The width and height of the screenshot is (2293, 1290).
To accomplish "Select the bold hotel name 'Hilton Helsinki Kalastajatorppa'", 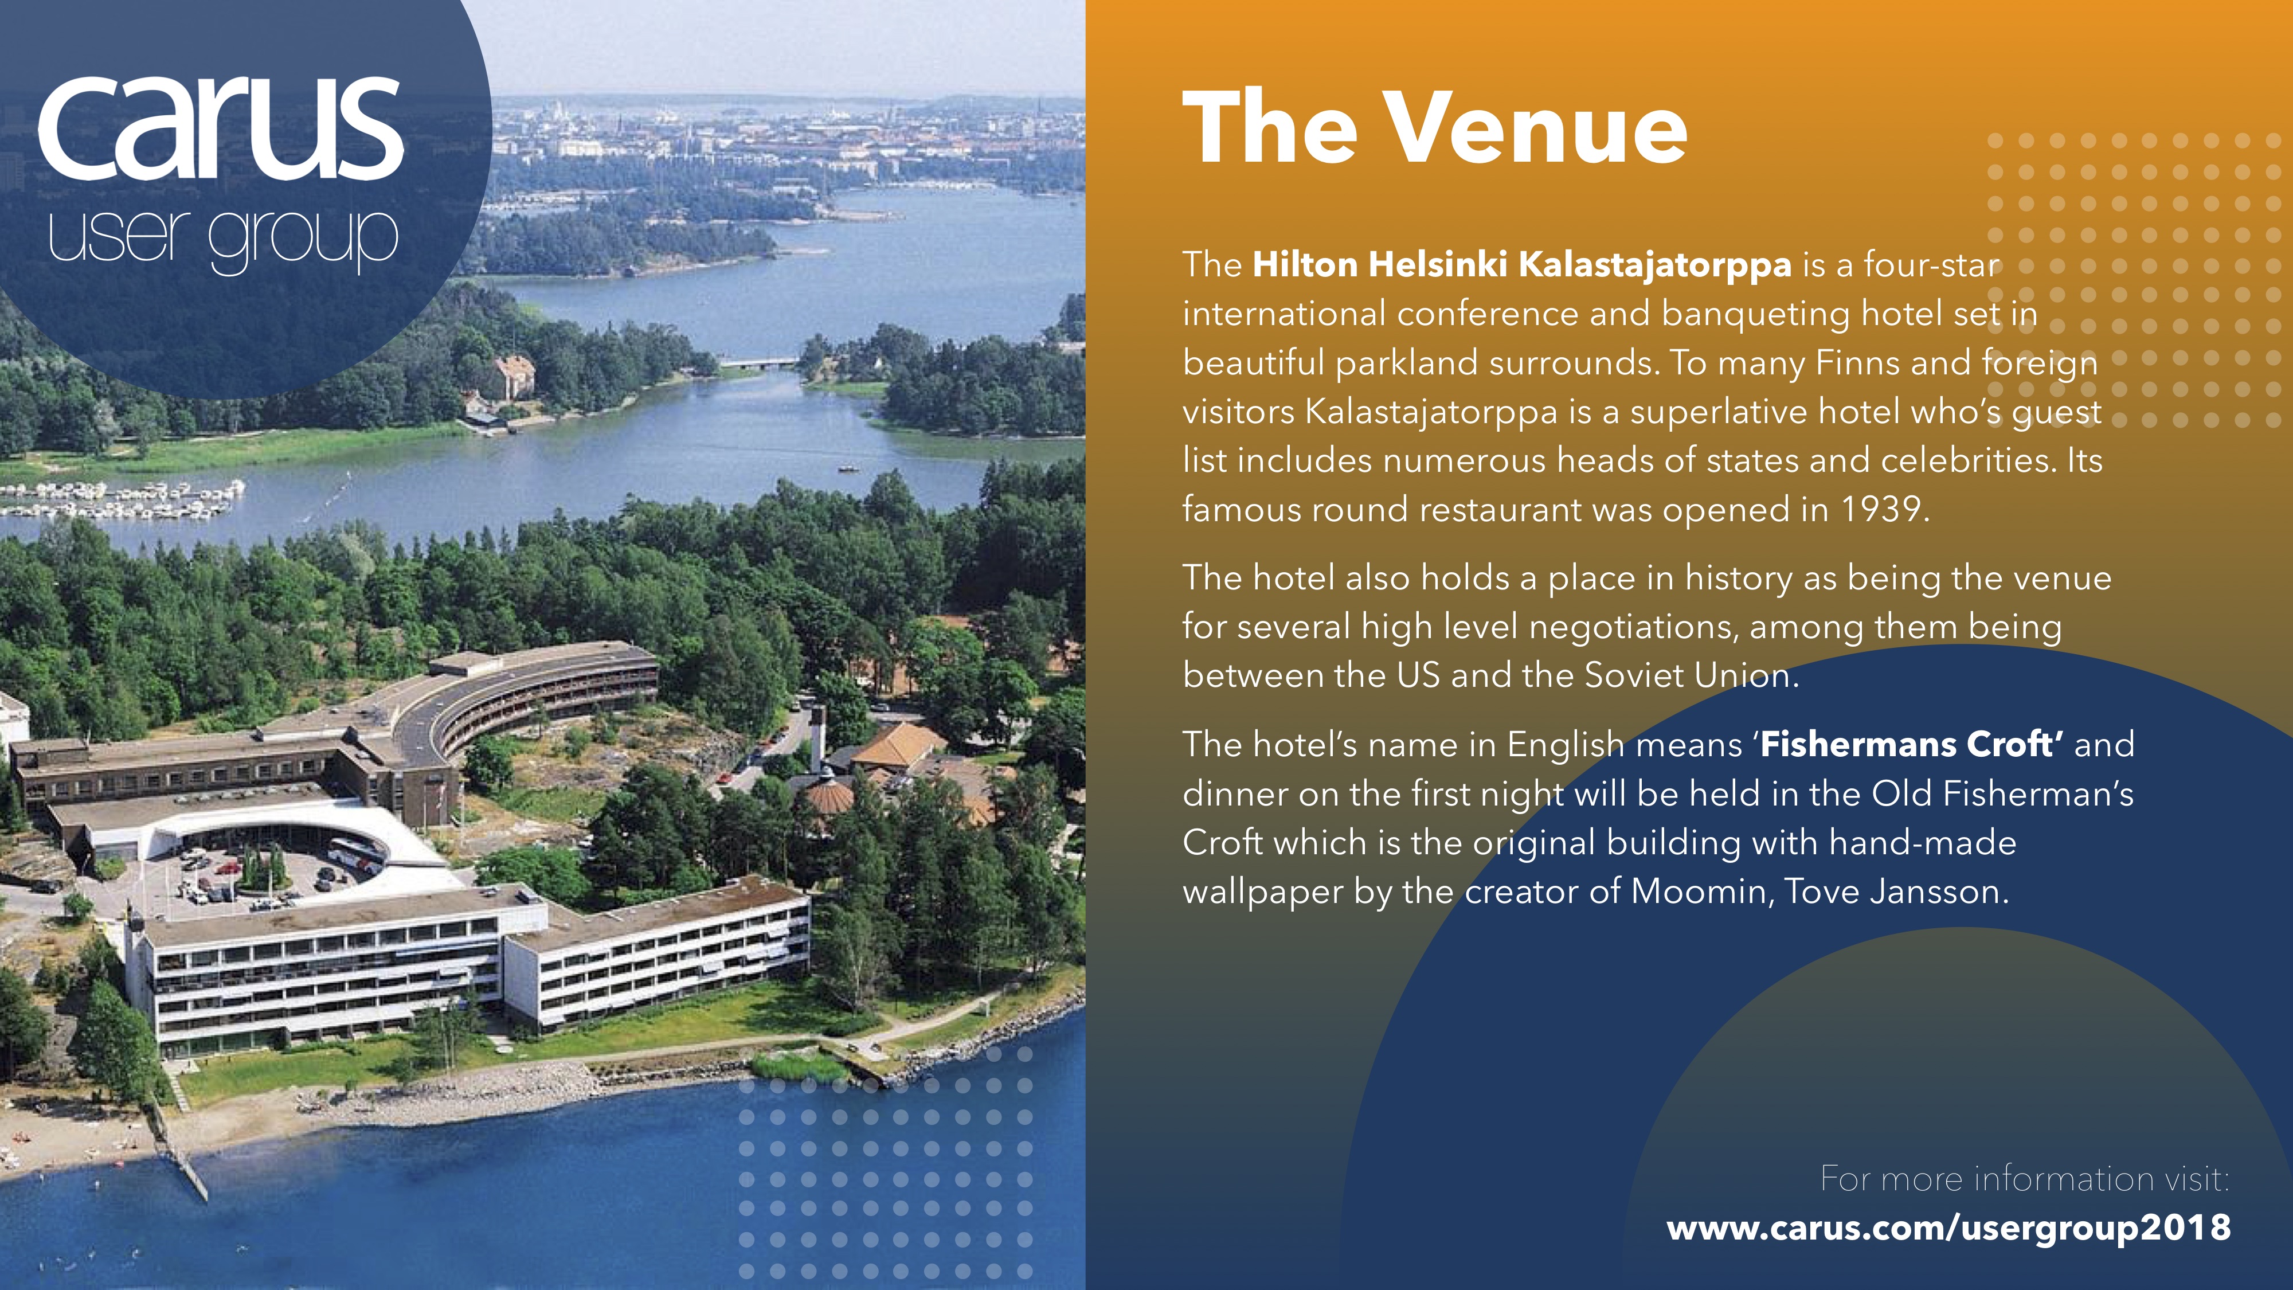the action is pyautogui.click(x=1522, y=264).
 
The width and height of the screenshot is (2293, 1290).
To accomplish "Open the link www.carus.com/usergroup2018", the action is pyautogui.click(x=1948, y=1228).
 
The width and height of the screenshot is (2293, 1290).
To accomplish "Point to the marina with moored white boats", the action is pyautogui.click(x=120, y=499).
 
